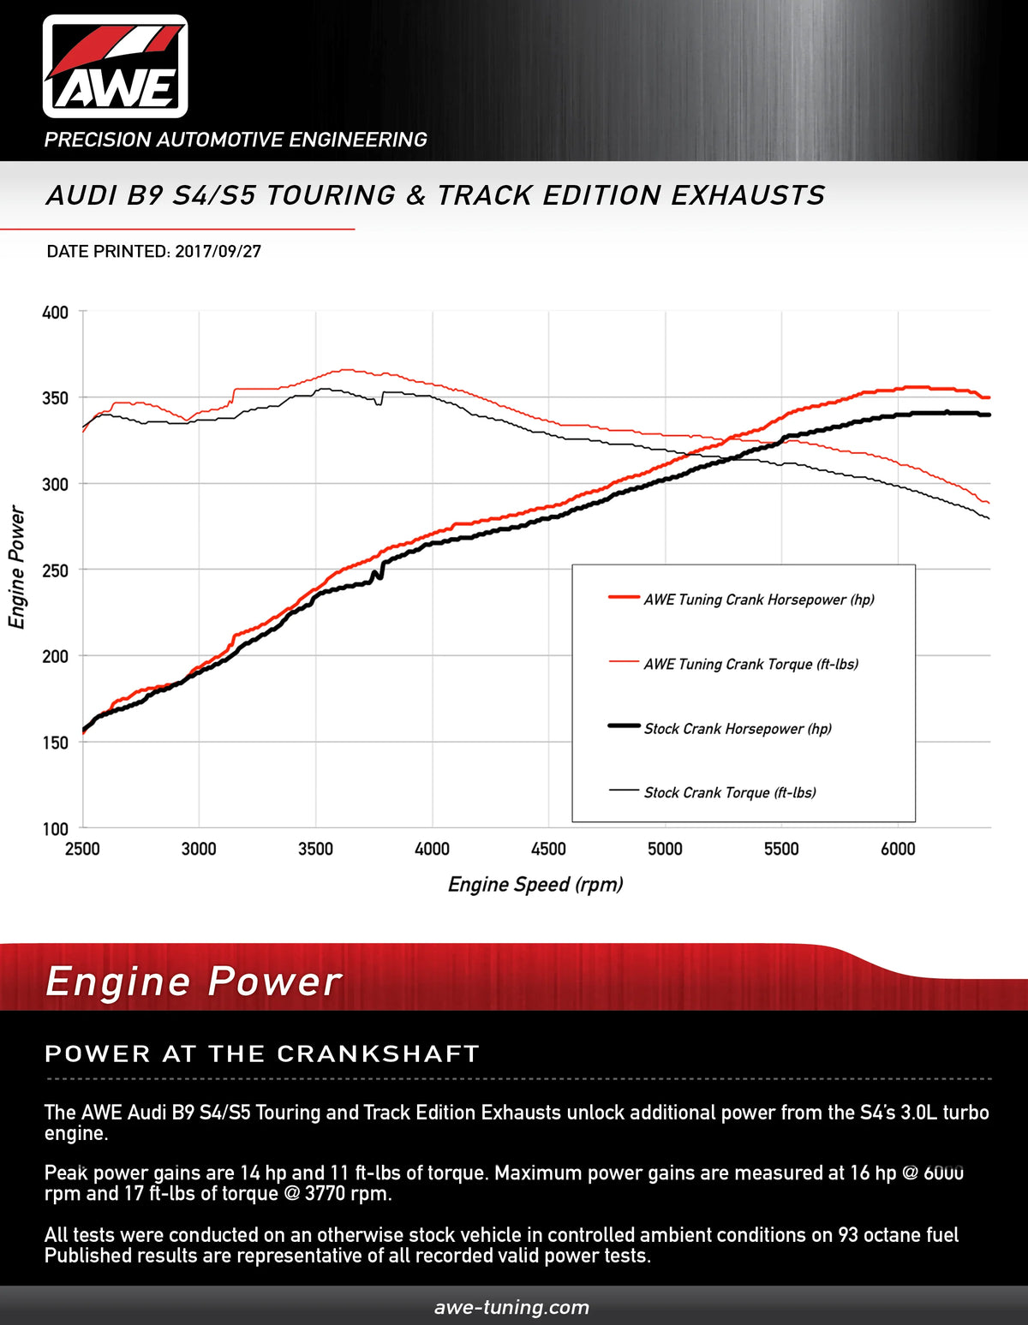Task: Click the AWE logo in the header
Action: pyautogui.click(x=116, y=66)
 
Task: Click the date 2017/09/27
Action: pyautogui.click(x=218, y=252)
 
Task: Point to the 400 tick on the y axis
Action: pyautogui.click(x=56, y=313)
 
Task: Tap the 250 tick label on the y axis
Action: pyautogui.click(x=56, y=570)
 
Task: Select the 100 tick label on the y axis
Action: pyautogui.click(x=56, y=829)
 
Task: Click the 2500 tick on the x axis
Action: pyautogui.click(x=82, y=849)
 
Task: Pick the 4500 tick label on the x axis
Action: pyautogui.click(x=548, y=849)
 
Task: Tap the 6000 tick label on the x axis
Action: pyautogui.click(x=898, y=849)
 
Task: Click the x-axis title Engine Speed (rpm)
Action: pyautogui.click(x=535, y=885)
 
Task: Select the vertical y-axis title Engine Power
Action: pyautogui.click(x=17, y=567)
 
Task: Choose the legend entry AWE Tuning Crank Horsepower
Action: pyautogui.click(x=758, y=600)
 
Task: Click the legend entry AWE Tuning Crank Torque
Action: pyautogui.click(x=750, y=664)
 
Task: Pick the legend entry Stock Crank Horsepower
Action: pyautogui.click(x=738, y=729)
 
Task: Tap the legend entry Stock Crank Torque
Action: pyautogui.click(x=730, y=793)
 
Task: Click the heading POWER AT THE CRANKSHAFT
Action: pyautogui.click(x=261, y=1053)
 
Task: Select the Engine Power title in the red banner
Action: pyautogui.click(x=194, y=982)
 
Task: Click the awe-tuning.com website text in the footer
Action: pyautogui.click(x=512, y=1307)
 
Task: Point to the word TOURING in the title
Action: pyautogui.click(x=331, y=195)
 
